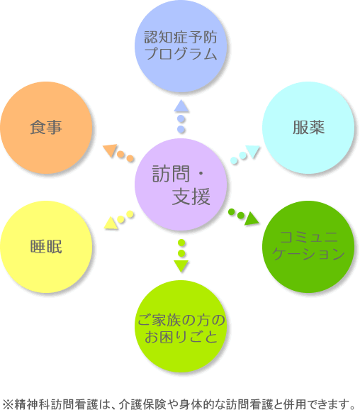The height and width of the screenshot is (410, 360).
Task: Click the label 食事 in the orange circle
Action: point(46,128)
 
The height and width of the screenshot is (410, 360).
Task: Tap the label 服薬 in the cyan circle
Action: point(308,128)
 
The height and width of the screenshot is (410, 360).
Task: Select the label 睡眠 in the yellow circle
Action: point(46,246)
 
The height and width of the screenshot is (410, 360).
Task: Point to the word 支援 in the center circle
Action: point(191,196)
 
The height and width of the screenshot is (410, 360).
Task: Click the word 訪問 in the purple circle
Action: point(171,173)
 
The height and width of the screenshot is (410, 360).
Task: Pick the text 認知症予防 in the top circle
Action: point(181,37)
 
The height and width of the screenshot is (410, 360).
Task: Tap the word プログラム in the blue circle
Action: point(181,54)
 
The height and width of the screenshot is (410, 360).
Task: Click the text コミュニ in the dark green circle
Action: point(308,237)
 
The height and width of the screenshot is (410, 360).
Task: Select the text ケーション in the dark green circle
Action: point(308,253)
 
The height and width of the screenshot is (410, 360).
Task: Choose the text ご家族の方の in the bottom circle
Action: point(181,320)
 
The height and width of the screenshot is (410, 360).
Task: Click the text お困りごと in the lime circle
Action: point(181,336)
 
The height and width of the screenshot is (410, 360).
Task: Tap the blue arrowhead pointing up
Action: point(181,106)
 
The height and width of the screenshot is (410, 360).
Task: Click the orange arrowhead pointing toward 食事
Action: point(110,150)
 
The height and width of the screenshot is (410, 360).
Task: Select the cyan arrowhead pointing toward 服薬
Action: point(252,151)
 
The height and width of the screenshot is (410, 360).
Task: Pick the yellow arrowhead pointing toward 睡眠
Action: point(111,223)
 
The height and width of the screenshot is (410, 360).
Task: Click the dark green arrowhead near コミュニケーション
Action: point(252,218)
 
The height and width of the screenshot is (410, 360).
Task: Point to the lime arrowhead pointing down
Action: point(181,266)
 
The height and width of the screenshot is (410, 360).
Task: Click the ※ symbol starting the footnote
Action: point(7,404)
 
